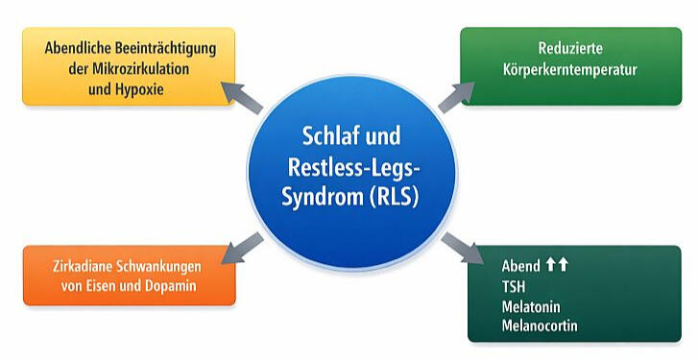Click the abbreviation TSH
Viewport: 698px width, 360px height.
(x=513, y=286)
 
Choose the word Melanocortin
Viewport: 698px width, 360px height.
(x=539, y=326)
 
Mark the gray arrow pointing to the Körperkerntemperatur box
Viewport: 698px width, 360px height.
(x=458, y=96)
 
